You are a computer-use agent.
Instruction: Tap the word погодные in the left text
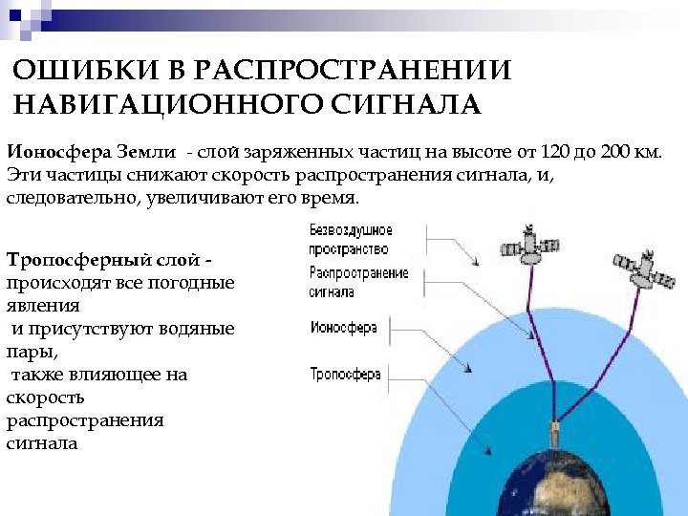(x=196, y=283)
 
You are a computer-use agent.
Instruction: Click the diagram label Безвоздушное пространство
(x=351, y=240)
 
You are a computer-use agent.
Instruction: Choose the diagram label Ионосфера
(x=344, y=328)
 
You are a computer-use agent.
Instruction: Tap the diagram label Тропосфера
(x=346, y=374)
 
